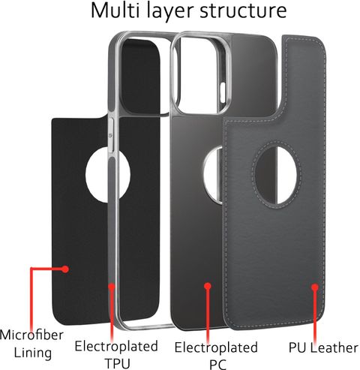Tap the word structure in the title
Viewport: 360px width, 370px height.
click(243, 11)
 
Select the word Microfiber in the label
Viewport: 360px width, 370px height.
click(31, 335)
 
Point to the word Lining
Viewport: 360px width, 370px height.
click(33, 353)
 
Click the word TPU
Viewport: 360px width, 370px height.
click(118, 363)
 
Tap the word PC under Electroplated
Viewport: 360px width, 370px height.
click(217, 365)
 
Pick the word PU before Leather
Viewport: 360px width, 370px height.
click(298, 347)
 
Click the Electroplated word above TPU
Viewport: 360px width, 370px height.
click(116, 346)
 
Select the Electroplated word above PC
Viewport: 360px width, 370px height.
click(216, 347)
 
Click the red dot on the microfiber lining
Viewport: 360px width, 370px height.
click(65, 269)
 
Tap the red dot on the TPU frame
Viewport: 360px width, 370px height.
click(112, 286)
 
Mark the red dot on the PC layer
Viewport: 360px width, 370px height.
click(208, 286)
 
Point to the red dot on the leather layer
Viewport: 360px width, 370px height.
click(315, 287)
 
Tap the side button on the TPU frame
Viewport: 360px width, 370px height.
click(111, 135)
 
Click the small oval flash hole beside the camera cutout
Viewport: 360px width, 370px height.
click(223, 90)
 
